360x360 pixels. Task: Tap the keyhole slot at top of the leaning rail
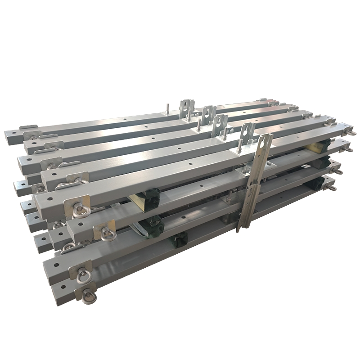point(262,143)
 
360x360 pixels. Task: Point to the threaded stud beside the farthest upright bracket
point(167,109)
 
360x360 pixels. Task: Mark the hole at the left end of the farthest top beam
point(14,133)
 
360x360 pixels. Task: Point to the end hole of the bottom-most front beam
point(62,286)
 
